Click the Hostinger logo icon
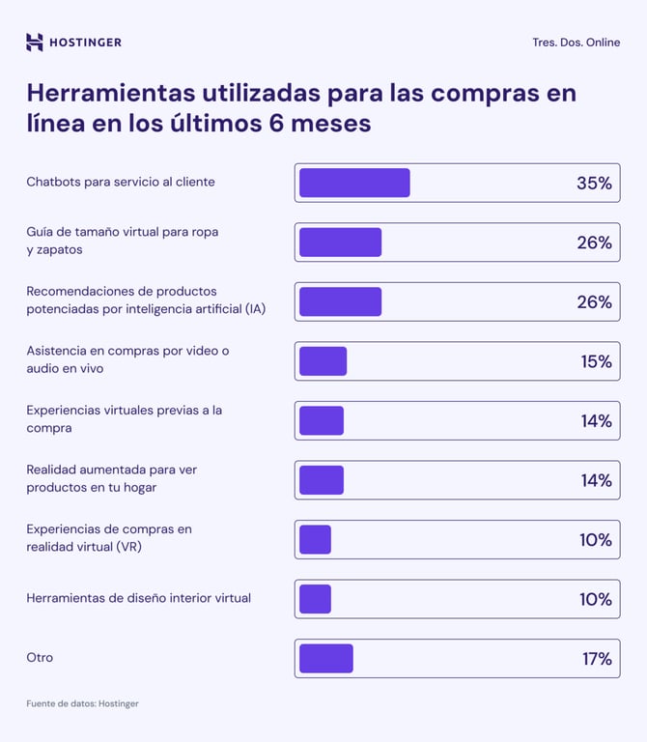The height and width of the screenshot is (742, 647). tap(35, 42)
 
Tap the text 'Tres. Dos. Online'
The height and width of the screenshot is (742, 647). tap(576, 43)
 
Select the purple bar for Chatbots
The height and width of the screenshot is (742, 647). tap(354, 183)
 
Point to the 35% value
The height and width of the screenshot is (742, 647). tap(594, 183)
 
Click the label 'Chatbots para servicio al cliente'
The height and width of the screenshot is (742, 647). tap(121, 182)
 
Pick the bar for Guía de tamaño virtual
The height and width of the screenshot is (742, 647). tap(340, 243)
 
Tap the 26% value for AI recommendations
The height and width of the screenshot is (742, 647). tap(594, 302)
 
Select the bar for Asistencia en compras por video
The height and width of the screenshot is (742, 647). tap(323, 361)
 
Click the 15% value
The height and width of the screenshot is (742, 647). tap(596, 361)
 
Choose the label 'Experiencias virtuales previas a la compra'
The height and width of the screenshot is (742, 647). tap(124, 418)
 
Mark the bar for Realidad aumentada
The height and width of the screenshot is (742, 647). tap(322, 480)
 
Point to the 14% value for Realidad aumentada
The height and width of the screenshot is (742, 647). tap(596, 480)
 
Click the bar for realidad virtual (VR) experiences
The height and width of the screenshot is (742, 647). tap(315, 540)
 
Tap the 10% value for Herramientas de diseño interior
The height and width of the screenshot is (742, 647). tap(595, 599)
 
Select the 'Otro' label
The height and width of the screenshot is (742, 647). tap(40, 658)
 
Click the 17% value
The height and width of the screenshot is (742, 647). tap(596, 659)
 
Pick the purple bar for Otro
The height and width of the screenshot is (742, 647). tap(326, 659)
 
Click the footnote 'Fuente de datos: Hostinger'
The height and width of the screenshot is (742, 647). tap(82, 703)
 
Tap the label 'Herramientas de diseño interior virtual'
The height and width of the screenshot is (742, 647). tap(138, 598)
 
